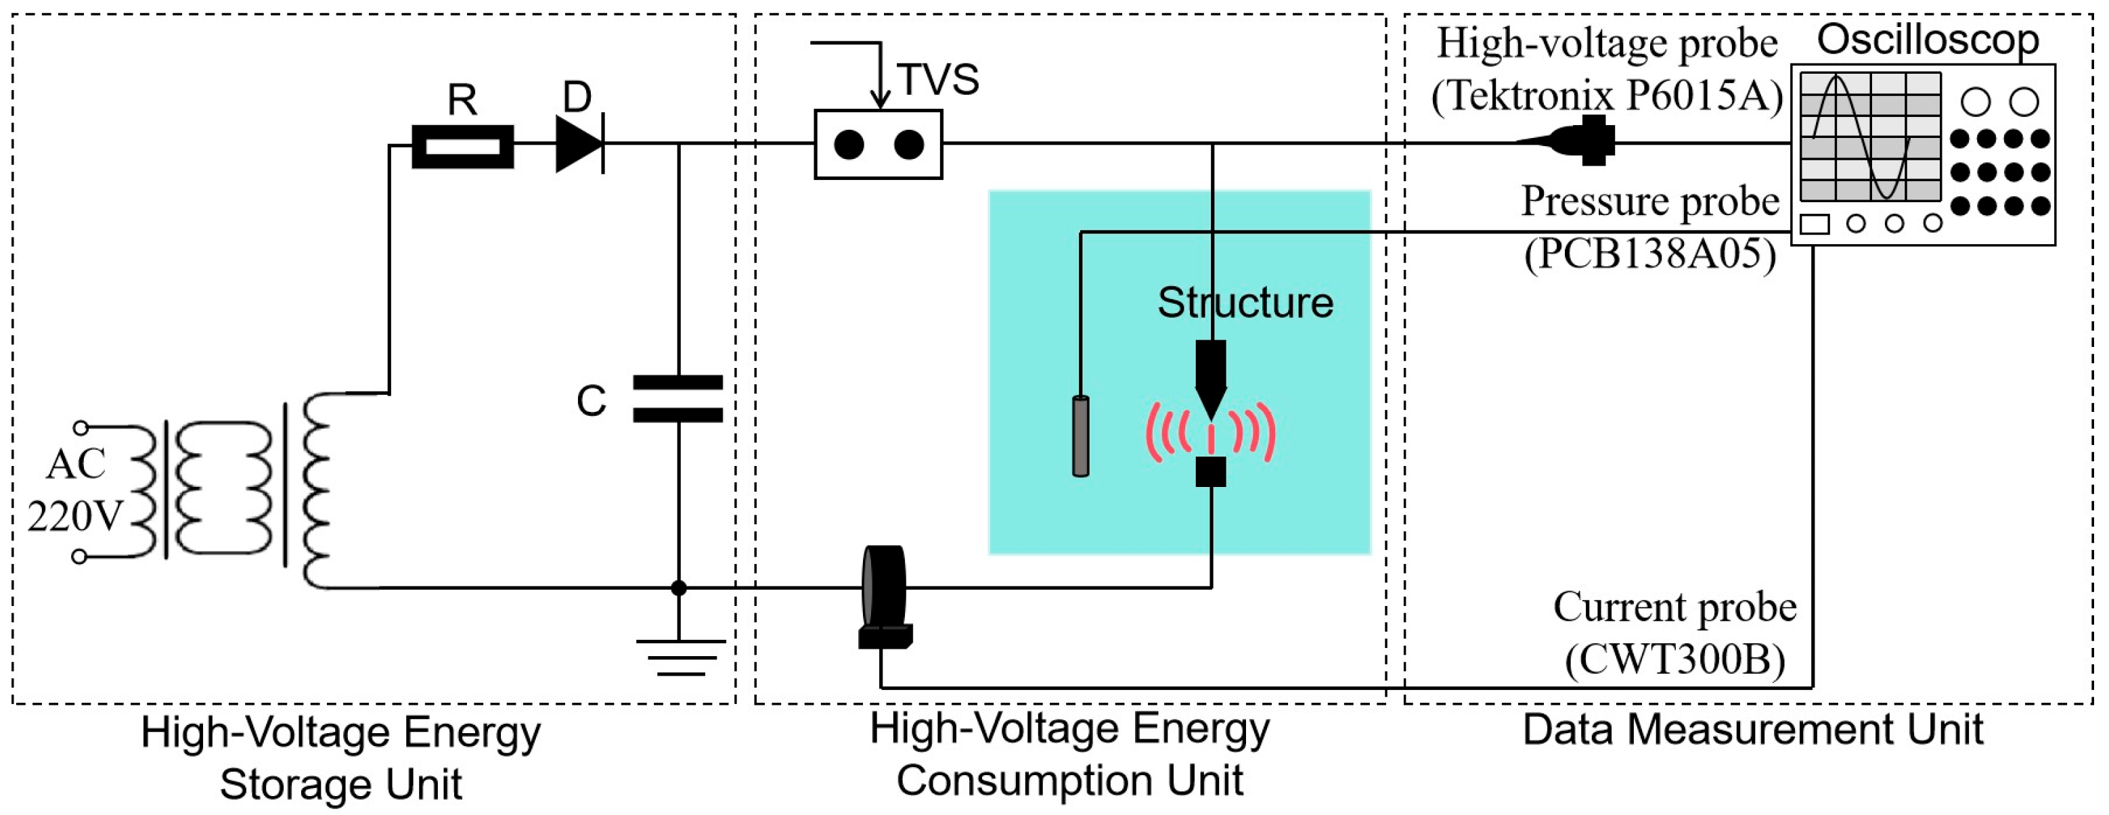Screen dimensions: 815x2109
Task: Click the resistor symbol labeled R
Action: pos(462,147)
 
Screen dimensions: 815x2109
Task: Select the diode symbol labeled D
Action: pos(579,144)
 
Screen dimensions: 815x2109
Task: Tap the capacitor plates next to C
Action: pos(678,398)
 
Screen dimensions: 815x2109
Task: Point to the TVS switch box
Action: pos(879,145)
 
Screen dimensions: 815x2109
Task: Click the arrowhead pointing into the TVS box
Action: pos(879,100)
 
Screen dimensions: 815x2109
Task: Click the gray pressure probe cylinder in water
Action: pos(1081,436)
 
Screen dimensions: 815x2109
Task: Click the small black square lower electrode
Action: pos(1211,472)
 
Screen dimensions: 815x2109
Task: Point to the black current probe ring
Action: pos(884,588)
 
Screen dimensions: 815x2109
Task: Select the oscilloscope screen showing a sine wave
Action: pos(1870,137)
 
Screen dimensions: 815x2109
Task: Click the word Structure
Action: pos(1245,303)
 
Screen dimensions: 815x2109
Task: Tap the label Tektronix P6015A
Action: pos(1607,97)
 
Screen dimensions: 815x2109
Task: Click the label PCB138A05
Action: pos(1649,254)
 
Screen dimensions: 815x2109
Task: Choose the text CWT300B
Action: pos(1674,659)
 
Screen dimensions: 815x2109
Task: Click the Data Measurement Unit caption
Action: pos(1753,729)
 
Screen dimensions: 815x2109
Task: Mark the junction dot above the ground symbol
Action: pos(679,588)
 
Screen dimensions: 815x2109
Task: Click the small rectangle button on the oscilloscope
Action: pos(1815,223)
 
